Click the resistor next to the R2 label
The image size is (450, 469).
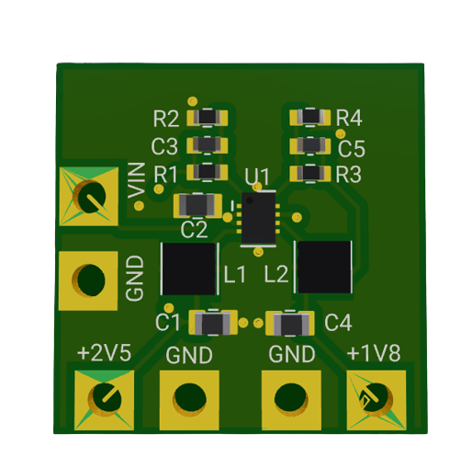(x=208, y=118)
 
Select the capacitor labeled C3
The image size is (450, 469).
(x=208, y=145)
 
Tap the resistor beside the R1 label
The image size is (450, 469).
(x=208, y=172)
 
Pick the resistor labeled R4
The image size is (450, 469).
(x=310, y=117)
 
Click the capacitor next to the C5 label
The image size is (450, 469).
(x=310, y=145)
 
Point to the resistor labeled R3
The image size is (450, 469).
(x=310, y=174)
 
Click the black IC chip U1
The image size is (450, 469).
(x=259, y=218)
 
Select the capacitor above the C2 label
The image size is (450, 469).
(x=197, y=205)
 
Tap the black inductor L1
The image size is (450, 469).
(x=189, y=269)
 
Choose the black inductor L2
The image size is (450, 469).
(x=324, y=267)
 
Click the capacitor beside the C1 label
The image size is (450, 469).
(x=213, y=323)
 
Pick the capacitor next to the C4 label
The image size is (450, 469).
(x=289, y=323)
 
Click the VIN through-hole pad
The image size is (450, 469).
(x=89, y=197)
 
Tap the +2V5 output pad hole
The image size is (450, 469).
(x=105, y=400)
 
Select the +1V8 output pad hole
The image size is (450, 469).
(x=377, y=400)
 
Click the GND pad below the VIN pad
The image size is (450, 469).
(x=88, y=280)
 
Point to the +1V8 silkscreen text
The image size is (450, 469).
(x=374, y=353)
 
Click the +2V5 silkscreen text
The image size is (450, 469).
(x=105, y=353)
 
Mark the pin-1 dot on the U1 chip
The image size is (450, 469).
(x=250, y=200)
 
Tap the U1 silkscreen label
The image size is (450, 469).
(x=257, y=177)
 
